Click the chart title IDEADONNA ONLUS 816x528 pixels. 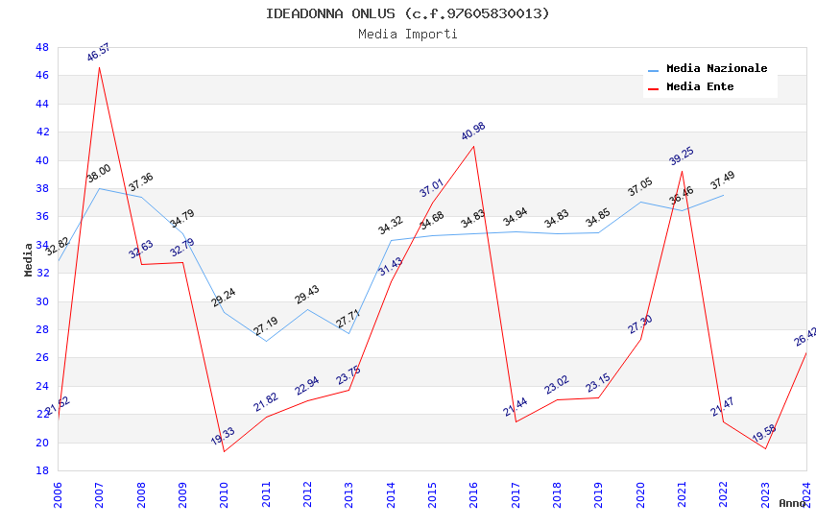(408, 13)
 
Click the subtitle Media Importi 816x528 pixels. (408, 34)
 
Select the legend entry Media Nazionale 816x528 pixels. (716, 68)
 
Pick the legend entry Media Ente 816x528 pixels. (700, 86)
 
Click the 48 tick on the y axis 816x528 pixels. (41, 47)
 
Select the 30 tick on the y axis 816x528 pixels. (41, 301)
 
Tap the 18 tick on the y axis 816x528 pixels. (41, 470)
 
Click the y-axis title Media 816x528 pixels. (29, 259)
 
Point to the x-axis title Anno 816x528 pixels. (792, 503)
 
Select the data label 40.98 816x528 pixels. (473, 132)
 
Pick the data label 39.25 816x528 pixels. (682, 156)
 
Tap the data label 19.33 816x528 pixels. (223, 437)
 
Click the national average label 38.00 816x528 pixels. (99, 174)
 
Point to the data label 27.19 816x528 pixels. (266, 326)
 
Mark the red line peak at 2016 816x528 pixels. (474, 146)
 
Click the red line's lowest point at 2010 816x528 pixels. (224, 451)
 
